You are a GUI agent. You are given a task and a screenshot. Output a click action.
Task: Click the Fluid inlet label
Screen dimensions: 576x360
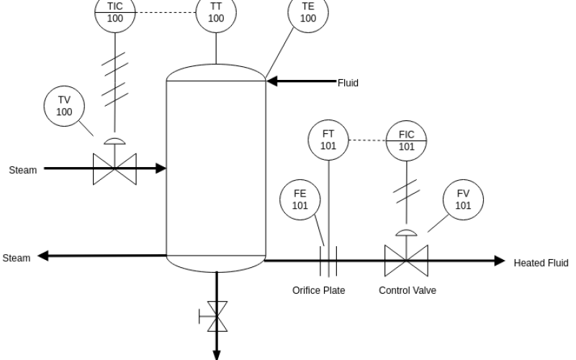pyautogui.click(x=348, y=83)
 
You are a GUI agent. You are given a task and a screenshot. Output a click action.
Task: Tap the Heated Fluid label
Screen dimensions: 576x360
pyautogui.click(x=541, y=263)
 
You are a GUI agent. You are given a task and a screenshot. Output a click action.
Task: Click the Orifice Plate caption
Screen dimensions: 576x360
pyautogui.click(x=318, y=290)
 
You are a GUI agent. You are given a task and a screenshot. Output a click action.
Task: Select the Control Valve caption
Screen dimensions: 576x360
pyautogui.click(x=408, y=290)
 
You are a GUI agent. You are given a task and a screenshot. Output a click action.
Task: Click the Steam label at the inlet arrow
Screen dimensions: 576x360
pyautogui.click(x=23, y=170)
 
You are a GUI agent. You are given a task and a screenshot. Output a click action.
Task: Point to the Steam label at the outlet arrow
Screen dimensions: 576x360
pyautogui.click(x=17, y=258)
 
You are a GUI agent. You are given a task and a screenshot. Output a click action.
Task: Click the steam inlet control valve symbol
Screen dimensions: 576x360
pyautogui.click(x=114, y=169)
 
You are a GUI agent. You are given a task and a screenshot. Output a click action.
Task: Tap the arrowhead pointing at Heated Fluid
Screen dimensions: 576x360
pyautogui.click(x=500, y=261)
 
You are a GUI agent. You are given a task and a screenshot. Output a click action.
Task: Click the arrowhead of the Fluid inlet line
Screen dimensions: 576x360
pyautogui.click(x=271, y=81)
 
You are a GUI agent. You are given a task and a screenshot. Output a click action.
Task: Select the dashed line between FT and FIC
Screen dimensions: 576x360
pyautogui.click(x=367, y=140)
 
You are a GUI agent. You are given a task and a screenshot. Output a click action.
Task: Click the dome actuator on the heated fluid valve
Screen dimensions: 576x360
pyautogui.click(x=406, y=233)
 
